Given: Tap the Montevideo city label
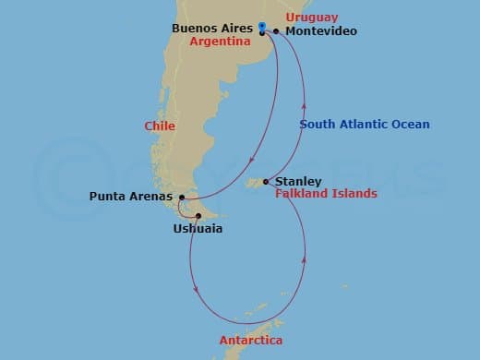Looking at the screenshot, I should pyautogui.click(x=321, y=31).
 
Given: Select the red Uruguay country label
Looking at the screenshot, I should pyautogui.click(x=312, y=18).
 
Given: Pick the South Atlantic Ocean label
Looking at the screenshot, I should pyautogui.click(x=365, y=125).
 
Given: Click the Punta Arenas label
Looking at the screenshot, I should pyautogui.click(x=132, y=197).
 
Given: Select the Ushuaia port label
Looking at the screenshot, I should pyautogui.click(x=198, y=228).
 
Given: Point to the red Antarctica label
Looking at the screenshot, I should pyautogui.click(x=251, y=341).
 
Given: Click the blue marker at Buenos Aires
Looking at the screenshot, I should pyautogui.click(x=262, y=27).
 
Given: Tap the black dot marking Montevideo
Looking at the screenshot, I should pyautogui.click(x=276, y=31).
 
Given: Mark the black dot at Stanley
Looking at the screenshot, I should pyautogui.click(x=266, y=182).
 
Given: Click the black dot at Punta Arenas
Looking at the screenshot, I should pyautogui.click(x=182, y=197).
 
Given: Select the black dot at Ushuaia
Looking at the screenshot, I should pyautogui.click(x=198, y=217).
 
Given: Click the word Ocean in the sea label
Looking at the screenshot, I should pyautogui.click(x=410, y=125).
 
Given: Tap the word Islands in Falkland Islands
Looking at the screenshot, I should pyautogui.click(x=354, y=194).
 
